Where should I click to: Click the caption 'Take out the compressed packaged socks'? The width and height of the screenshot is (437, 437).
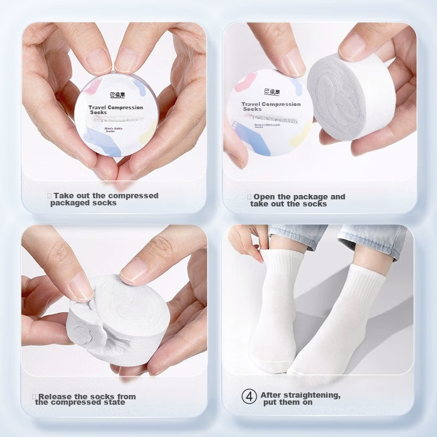point(104,199)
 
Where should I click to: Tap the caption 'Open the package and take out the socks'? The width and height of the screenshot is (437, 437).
point(297,200)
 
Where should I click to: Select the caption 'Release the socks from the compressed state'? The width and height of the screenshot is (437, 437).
point(85,399)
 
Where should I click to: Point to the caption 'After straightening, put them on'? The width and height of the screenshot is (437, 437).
point(300,399)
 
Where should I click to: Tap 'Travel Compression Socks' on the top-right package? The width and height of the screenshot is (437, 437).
point(270,106)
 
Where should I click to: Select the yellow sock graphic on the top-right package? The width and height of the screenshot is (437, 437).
point(299,134)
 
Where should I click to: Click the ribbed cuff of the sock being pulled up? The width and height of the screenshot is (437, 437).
point(281,262)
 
